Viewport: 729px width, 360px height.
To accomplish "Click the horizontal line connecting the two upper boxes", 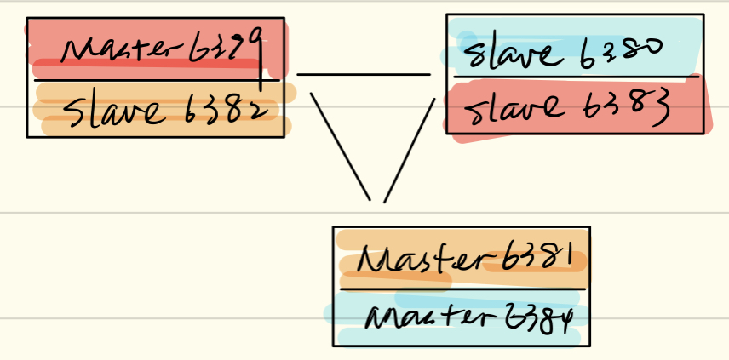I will pyautogui.click(x=364, y=75).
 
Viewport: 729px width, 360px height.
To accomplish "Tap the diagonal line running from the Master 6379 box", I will pyautogui.click(x=340, y=145).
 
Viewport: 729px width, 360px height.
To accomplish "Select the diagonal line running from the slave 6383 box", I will pyautogui.click(x=410, y=149).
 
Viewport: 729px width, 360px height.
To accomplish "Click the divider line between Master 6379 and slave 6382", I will pyautogui.click(x=153, y=80).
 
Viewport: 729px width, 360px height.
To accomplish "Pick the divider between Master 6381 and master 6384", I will pyautogui.click(x=460, y=288).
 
